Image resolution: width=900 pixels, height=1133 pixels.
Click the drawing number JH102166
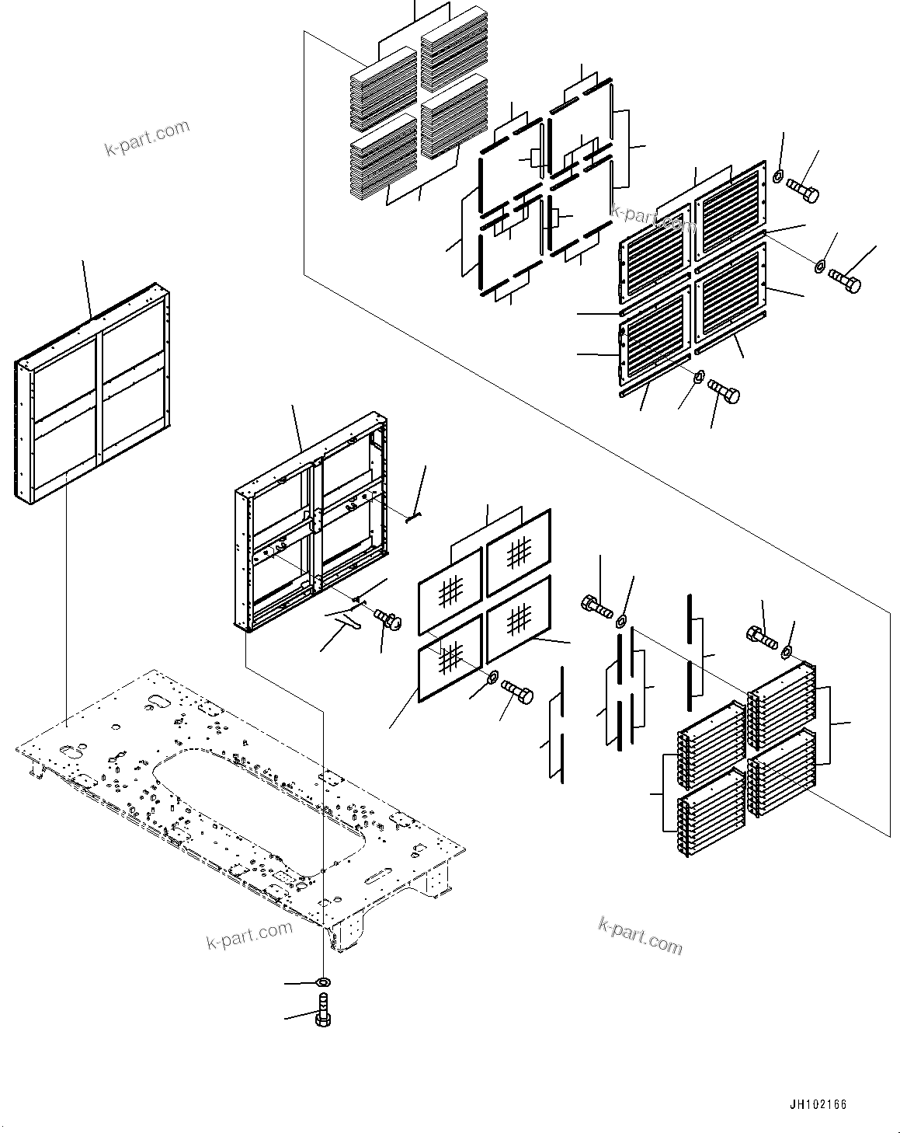[x=818, y=1104]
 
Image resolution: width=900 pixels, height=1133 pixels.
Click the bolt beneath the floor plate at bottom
[x=323, y=1013]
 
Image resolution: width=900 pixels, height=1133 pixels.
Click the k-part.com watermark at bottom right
[x=641, y=934]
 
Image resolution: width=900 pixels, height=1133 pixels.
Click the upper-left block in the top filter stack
[x=384, y=88]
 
